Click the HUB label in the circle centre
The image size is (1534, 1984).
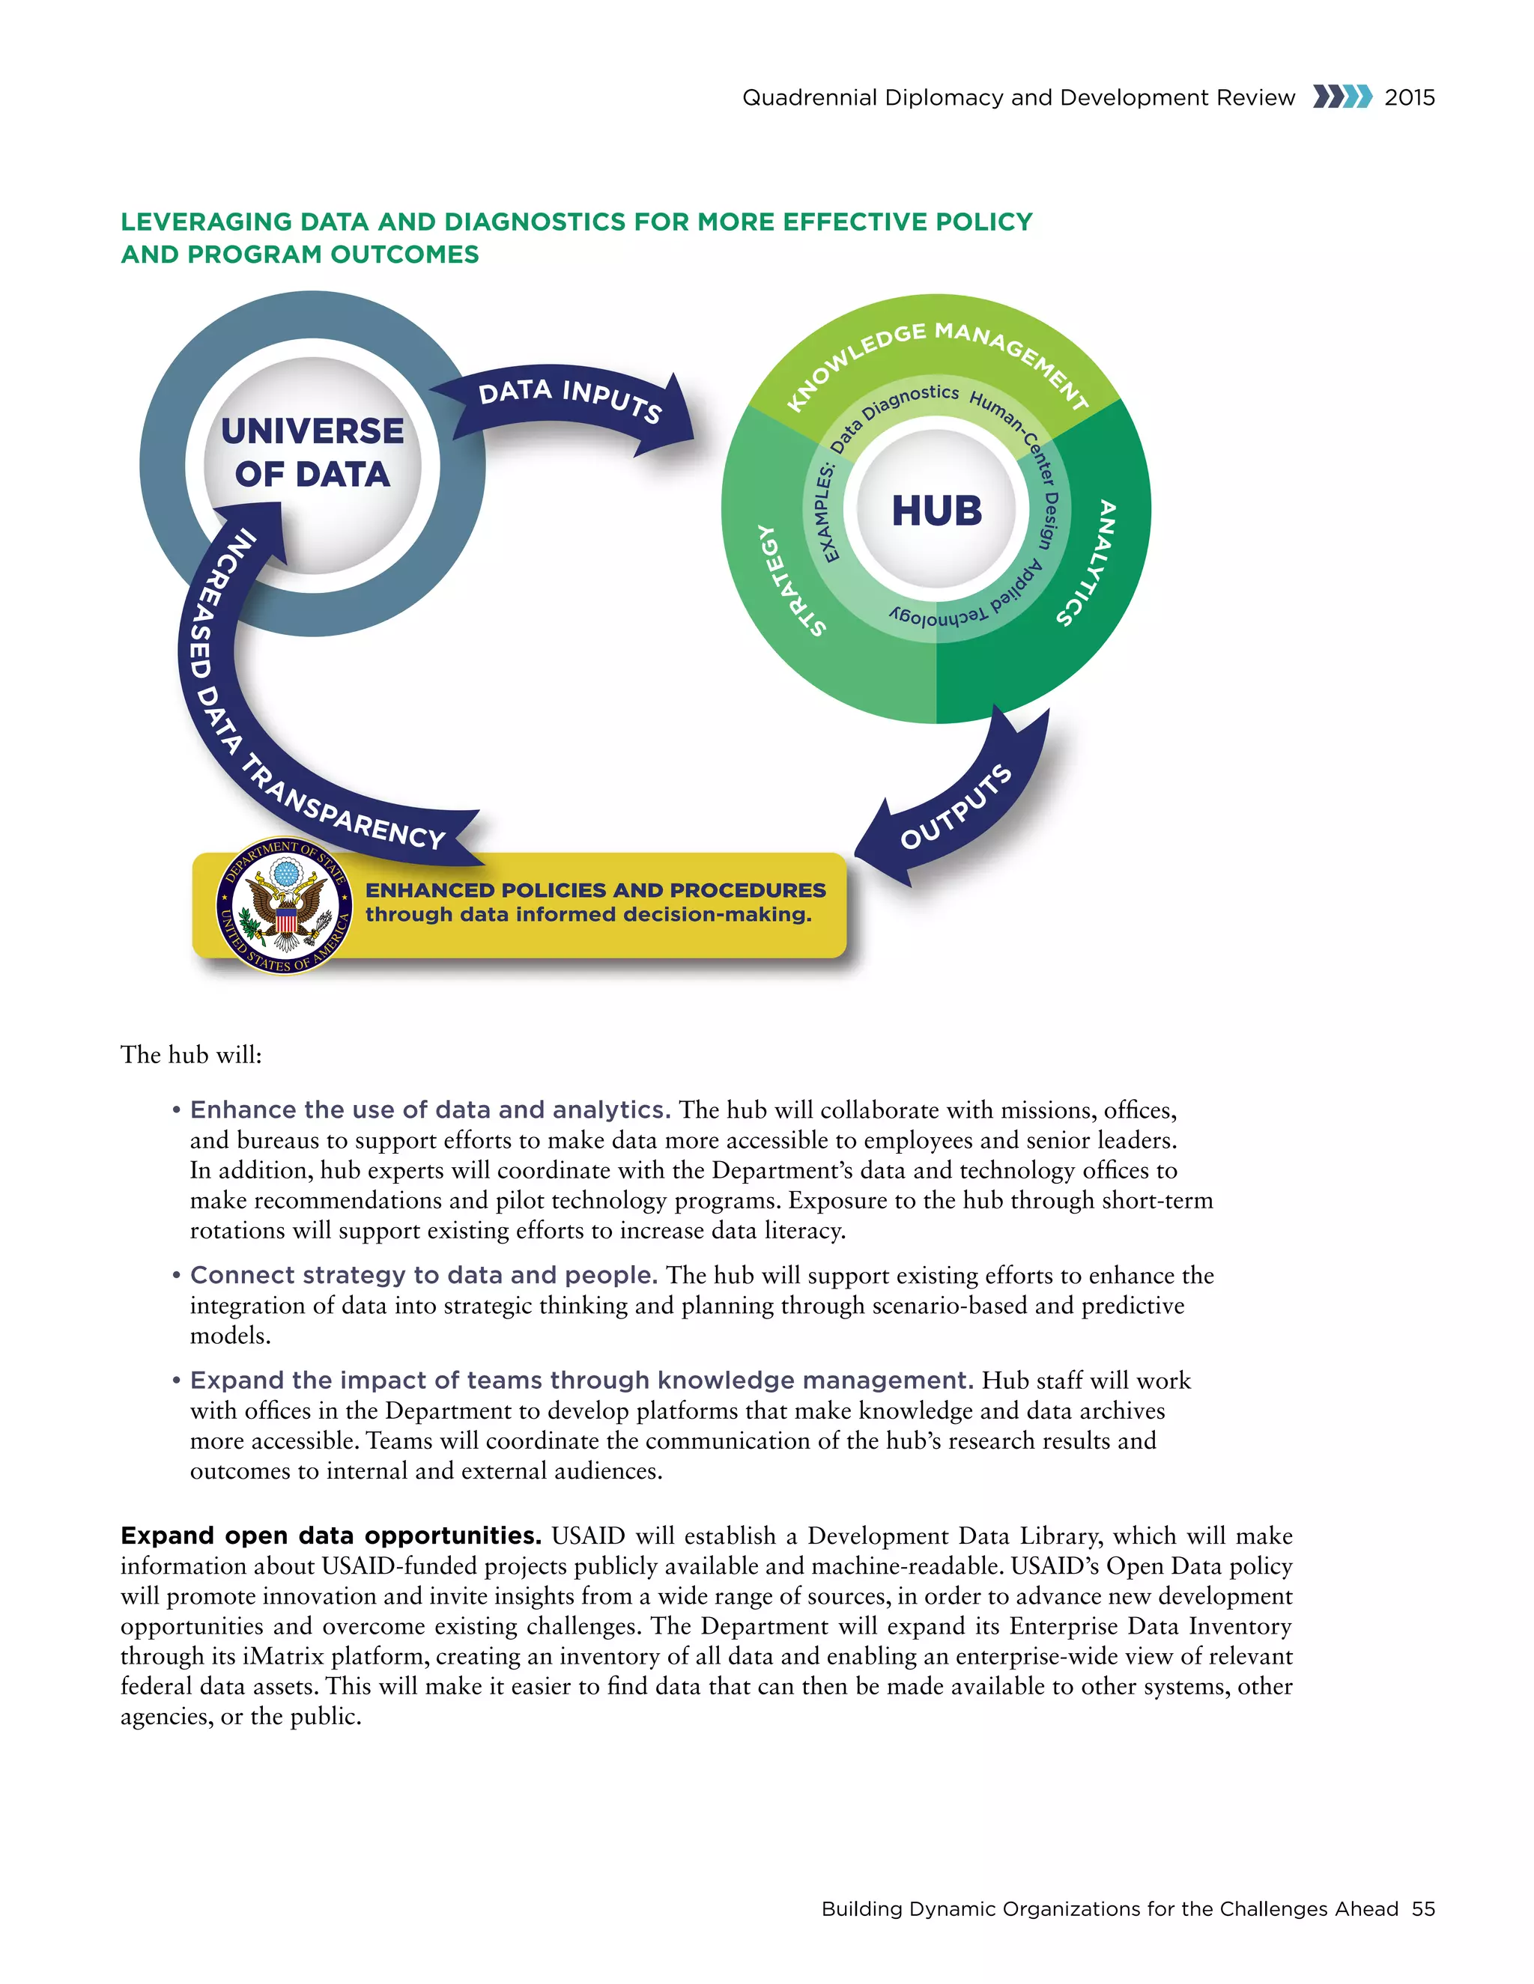tap(936, 511)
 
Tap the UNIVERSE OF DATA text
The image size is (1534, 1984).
tap(312, 452)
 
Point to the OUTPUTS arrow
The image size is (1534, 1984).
tap(954, 806)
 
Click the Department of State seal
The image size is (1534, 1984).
tap(285, 906)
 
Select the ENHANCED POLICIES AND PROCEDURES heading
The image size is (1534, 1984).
tap(595, 890)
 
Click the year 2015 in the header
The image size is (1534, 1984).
tap(1410, 98)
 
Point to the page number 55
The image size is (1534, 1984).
tap(1423, 1908)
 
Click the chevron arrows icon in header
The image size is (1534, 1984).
tap(1342, 97)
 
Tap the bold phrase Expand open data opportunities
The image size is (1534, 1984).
tap(331, 1536)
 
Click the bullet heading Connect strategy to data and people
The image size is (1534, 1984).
tap(423, 1276)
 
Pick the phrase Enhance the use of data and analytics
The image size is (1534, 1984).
tap(430, 1110)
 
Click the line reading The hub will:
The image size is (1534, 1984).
tap(191, 1055)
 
